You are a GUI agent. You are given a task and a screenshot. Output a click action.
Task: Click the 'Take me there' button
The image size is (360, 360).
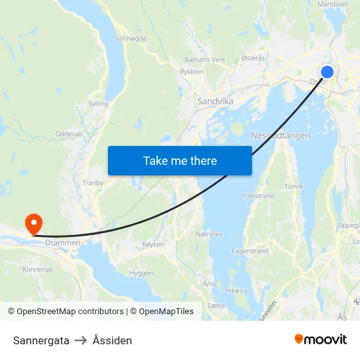180,160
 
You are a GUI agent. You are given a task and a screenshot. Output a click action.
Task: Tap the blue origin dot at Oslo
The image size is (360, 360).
327,72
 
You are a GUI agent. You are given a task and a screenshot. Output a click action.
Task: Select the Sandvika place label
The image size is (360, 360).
215,101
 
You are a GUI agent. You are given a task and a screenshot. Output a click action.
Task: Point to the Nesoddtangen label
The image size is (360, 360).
280,135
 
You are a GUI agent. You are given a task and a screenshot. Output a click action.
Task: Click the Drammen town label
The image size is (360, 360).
63,243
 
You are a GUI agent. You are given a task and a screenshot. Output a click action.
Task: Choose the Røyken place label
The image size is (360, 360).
153,243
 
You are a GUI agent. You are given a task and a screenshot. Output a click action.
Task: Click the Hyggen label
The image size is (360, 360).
141,273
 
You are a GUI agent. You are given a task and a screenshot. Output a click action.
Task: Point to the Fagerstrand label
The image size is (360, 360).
249,251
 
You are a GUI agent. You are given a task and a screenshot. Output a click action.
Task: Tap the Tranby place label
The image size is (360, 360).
93,183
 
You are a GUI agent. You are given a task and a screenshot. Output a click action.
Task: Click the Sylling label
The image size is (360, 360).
98,103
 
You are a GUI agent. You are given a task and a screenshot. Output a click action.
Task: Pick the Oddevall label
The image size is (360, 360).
69,134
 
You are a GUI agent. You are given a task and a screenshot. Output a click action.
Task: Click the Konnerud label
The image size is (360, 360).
37,269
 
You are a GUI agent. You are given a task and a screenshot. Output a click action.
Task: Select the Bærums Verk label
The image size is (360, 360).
205,60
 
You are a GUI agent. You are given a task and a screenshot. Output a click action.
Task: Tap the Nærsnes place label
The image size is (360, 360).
209,234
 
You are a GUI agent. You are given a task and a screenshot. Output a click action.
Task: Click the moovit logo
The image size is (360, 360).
321,340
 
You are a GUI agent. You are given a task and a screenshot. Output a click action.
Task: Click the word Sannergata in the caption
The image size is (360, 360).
41,340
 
